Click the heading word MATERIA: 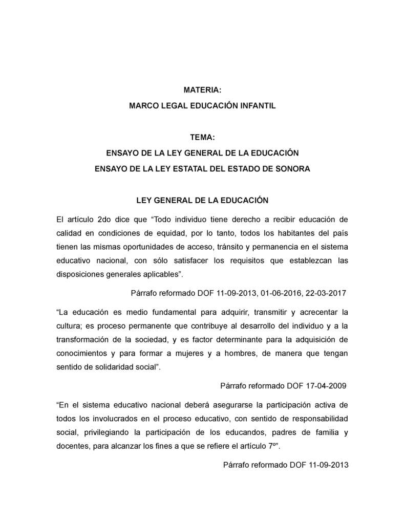click(x=202, y=90)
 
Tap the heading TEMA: click(x=202, y=137)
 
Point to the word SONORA click(x=292, y=169)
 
